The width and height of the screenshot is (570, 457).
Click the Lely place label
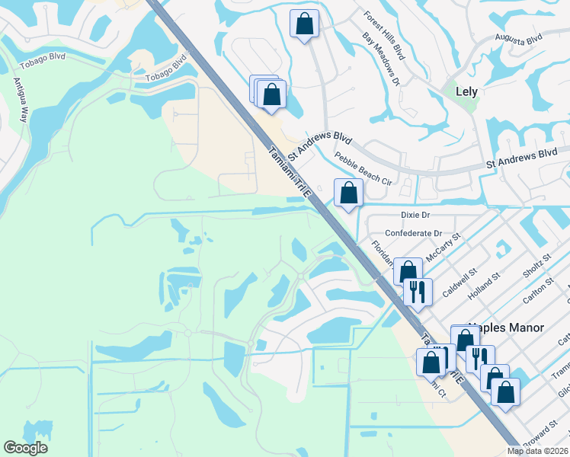(466, 91)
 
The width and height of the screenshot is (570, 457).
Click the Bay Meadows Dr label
(381, 59)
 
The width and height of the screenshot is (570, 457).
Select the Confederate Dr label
(414, 233)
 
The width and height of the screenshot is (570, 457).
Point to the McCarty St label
(444, 248)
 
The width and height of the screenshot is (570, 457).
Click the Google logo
(25, 448)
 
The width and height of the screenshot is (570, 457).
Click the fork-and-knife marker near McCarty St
(417, 291)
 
